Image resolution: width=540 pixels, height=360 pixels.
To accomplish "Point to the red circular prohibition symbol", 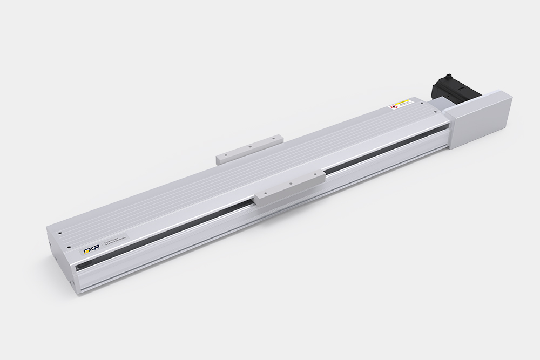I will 393,107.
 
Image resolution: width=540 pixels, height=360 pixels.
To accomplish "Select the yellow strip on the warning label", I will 403,101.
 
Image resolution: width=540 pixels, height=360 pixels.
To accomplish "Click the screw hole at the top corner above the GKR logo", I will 60,233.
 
